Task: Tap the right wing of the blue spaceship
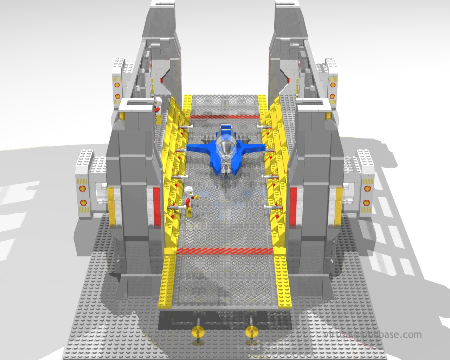click(252, 148)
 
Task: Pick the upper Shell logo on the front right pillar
click(367, 189)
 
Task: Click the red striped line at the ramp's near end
click(225, 251)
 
